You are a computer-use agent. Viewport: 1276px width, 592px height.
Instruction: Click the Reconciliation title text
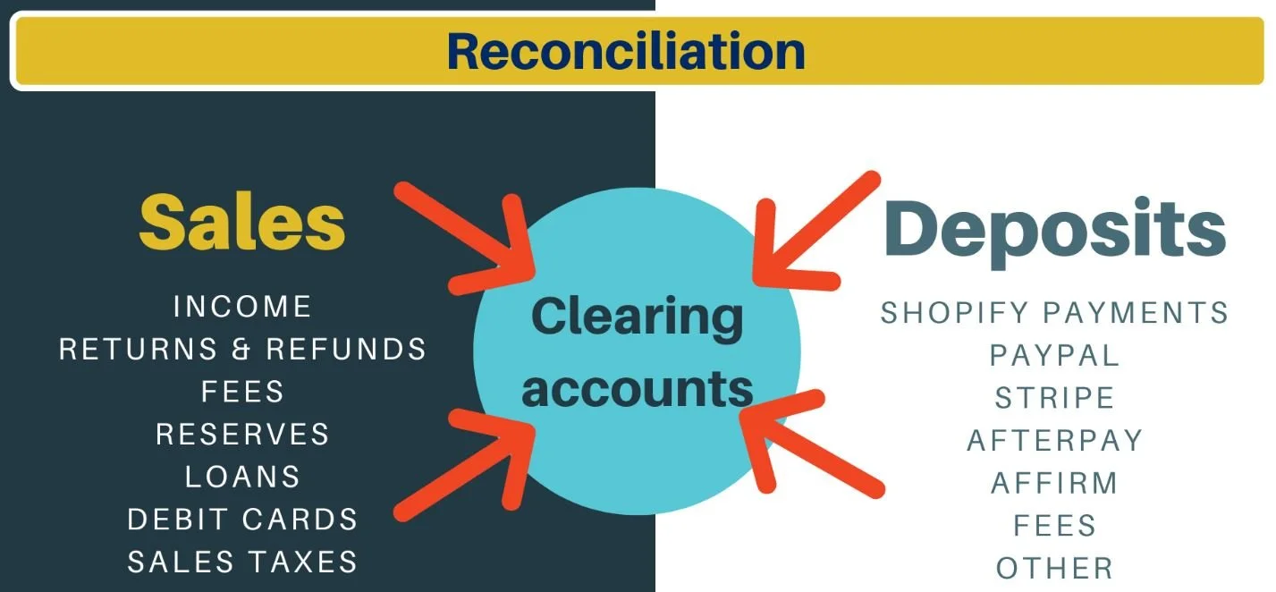[x=626, y=51]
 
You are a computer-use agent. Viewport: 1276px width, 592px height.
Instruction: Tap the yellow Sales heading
[x=241, y=224]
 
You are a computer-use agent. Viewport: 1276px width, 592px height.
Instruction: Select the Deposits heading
[x=1054, y=230]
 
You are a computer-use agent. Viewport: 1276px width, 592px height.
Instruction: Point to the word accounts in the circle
[x=637, y=389]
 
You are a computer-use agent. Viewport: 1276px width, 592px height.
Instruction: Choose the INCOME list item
[x=242, y=307]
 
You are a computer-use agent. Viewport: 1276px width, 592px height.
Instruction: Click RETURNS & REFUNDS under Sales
[x=242, y=349]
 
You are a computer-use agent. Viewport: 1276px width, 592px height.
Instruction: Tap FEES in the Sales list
[x=242, y=392]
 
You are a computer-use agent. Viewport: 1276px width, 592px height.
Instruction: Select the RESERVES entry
[x=242, y=435]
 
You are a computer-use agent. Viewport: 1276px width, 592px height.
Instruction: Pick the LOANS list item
[x=242, y=477]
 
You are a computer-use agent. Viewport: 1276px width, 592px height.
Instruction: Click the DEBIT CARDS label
[x=242, y=520]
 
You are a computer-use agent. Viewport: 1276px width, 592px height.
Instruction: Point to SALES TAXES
[x=242, y=562]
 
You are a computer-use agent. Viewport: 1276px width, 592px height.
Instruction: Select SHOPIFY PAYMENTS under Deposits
[x=1054, y=313]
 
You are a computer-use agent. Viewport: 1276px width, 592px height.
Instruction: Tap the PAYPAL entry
[x=1054, y=355]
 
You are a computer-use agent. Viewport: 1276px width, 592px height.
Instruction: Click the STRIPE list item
[x=1054, y=398]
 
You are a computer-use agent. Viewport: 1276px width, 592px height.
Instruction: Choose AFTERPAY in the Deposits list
[x=1054, y=440]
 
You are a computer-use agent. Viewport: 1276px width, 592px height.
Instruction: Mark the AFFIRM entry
[x=1054, y=483]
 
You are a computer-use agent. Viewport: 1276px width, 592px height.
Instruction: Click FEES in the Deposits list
[x=1054, y=525]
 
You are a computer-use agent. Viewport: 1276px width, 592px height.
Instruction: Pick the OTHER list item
[x=1054, y=568]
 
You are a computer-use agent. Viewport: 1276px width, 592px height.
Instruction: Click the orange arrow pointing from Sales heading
[x=465, y=230]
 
